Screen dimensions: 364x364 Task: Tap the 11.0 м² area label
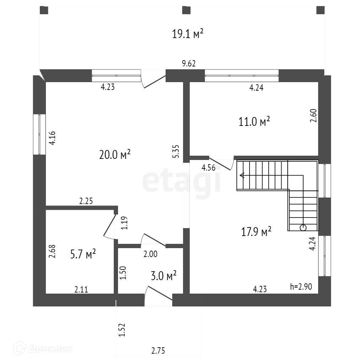[254, 122]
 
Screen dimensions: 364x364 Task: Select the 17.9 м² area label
[256, 232]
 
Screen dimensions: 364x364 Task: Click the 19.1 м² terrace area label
[188, 34]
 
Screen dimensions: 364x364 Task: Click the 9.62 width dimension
[189, 64]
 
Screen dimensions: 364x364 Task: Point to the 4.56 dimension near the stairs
[208, 168]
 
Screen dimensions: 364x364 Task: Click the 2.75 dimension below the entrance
[158, 351]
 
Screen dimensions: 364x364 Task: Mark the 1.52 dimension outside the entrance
[122, 330]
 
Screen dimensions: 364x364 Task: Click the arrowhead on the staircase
[242, 175]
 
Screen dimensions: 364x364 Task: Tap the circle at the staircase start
[303, 228]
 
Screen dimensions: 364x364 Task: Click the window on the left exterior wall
[40, 134]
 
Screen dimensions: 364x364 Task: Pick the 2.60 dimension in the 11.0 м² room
[313, 116]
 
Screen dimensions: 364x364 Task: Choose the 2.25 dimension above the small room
[86, 201]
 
